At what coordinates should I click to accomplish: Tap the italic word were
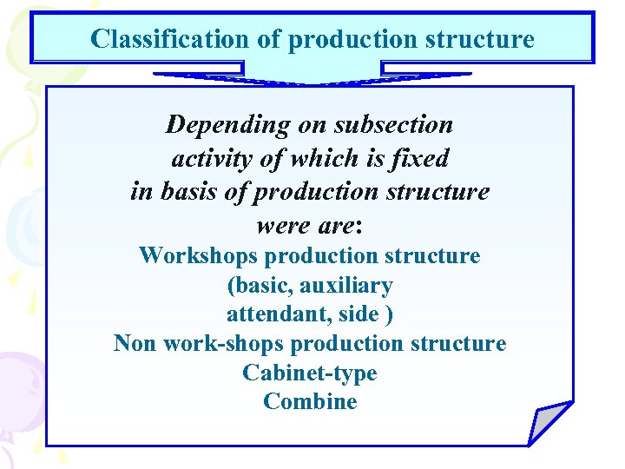[x=280, y=225]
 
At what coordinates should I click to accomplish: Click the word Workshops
[x=198, y=255]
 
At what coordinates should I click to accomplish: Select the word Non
[x=135, y=344]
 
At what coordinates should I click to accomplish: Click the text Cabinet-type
[x=310, y=373]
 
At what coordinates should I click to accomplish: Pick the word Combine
[x=310, y=401]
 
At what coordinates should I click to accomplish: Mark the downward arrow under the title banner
[x=312, y=76]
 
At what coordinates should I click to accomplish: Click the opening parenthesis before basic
[x=230, y=286]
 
